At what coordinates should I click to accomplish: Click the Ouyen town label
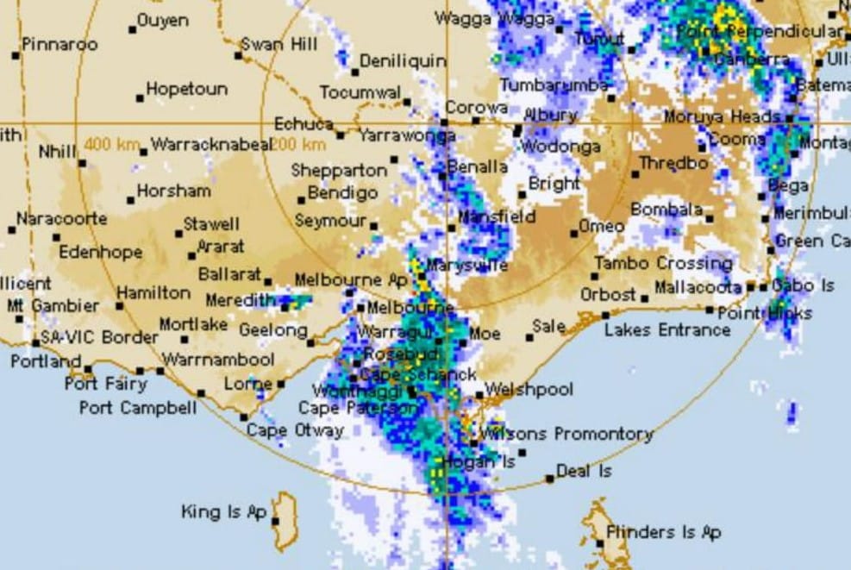click(165, 19)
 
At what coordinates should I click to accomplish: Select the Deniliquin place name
click(403, 61)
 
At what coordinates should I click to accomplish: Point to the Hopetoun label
click(186, 89)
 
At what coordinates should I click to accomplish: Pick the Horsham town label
click(172, 191)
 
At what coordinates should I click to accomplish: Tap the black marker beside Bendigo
click(302, 200)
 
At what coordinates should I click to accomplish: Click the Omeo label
click(602, 226)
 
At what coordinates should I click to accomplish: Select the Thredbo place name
click(673, 163)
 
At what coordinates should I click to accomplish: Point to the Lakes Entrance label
click(666, 330)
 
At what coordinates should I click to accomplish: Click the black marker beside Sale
click(529, 337)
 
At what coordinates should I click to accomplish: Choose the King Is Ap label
click(224, 512)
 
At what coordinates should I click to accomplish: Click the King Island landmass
click(285, 522)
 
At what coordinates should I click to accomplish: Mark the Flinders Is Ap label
click(663, 532)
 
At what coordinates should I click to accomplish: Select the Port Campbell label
click(138, 408)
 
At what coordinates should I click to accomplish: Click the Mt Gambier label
click(53, 305)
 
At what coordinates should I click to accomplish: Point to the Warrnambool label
click(218, 359)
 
